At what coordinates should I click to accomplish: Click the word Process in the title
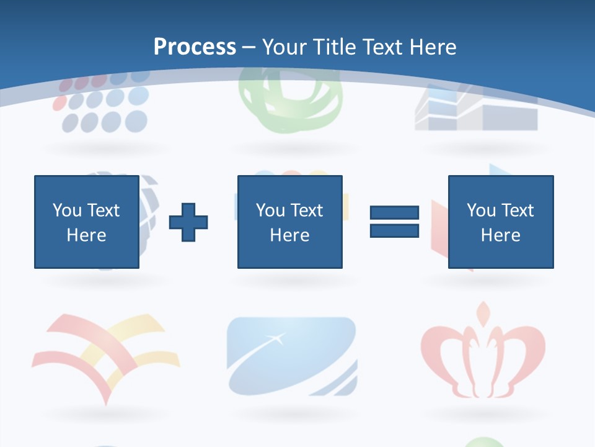195,47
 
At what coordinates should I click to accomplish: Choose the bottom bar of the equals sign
394,231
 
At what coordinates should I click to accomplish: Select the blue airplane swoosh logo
291,357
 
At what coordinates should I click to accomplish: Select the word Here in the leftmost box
87,235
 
